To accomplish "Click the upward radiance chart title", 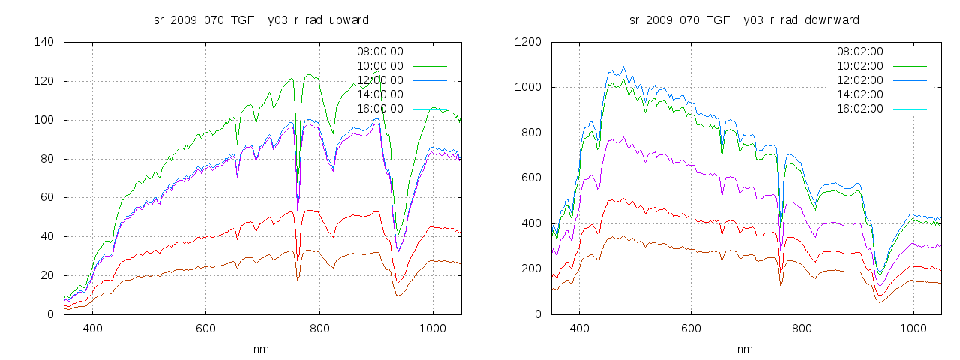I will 261,19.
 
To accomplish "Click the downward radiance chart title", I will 744,19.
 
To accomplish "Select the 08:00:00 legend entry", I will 379,52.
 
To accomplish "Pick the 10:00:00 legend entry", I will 379,66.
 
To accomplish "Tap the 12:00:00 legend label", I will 379,80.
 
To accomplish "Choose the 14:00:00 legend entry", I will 379,94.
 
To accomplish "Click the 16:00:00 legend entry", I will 379,109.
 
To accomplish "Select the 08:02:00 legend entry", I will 859,52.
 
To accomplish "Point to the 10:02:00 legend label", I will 859,66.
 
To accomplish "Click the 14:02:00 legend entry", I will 859,94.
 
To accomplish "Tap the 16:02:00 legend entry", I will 859,109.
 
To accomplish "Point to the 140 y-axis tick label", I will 43,42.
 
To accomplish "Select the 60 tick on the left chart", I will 46,198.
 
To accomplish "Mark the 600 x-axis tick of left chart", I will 205,328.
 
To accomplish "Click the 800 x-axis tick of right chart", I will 802,328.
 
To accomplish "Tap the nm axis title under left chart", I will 262,349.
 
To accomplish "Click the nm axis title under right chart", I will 744,349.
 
